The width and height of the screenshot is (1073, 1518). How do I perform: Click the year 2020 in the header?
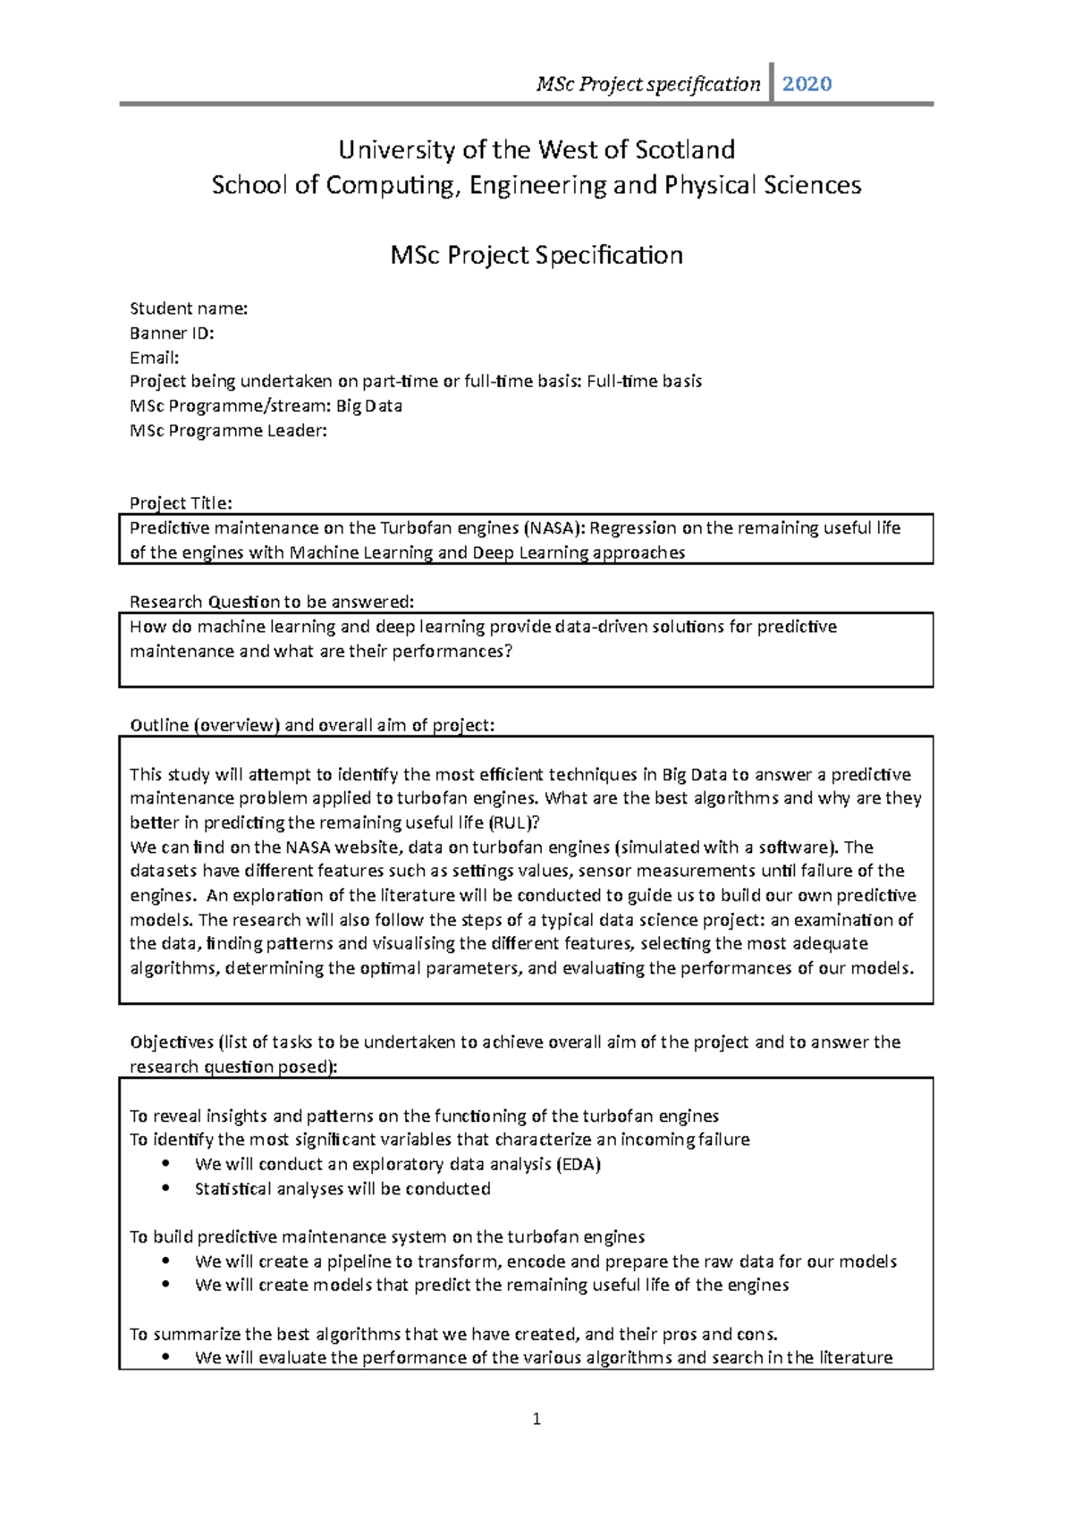(807, 84)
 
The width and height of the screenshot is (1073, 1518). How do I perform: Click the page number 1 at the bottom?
(536, 1419)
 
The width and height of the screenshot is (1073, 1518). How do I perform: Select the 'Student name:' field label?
(189, 308)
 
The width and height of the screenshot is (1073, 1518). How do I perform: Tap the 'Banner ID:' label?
(172, 333)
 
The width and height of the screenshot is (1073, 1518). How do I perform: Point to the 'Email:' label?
(154, 358)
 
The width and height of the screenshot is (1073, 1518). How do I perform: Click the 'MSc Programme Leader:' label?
(228, 430)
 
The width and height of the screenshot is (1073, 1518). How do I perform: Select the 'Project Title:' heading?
(181, 502)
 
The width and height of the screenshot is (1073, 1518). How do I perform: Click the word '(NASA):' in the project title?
(553, 527)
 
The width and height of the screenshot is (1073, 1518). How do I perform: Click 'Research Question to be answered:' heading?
(272, 602)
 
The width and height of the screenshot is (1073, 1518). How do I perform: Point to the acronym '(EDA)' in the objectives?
(578, 1164)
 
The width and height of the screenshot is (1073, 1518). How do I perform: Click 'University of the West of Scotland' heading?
(536, 149)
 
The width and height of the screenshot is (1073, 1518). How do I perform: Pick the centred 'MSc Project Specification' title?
(536, 255)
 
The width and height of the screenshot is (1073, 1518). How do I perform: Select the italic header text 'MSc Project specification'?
(647, 84)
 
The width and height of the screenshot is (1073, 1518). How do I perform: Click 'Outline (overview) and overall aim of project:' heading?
(312, 725)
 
